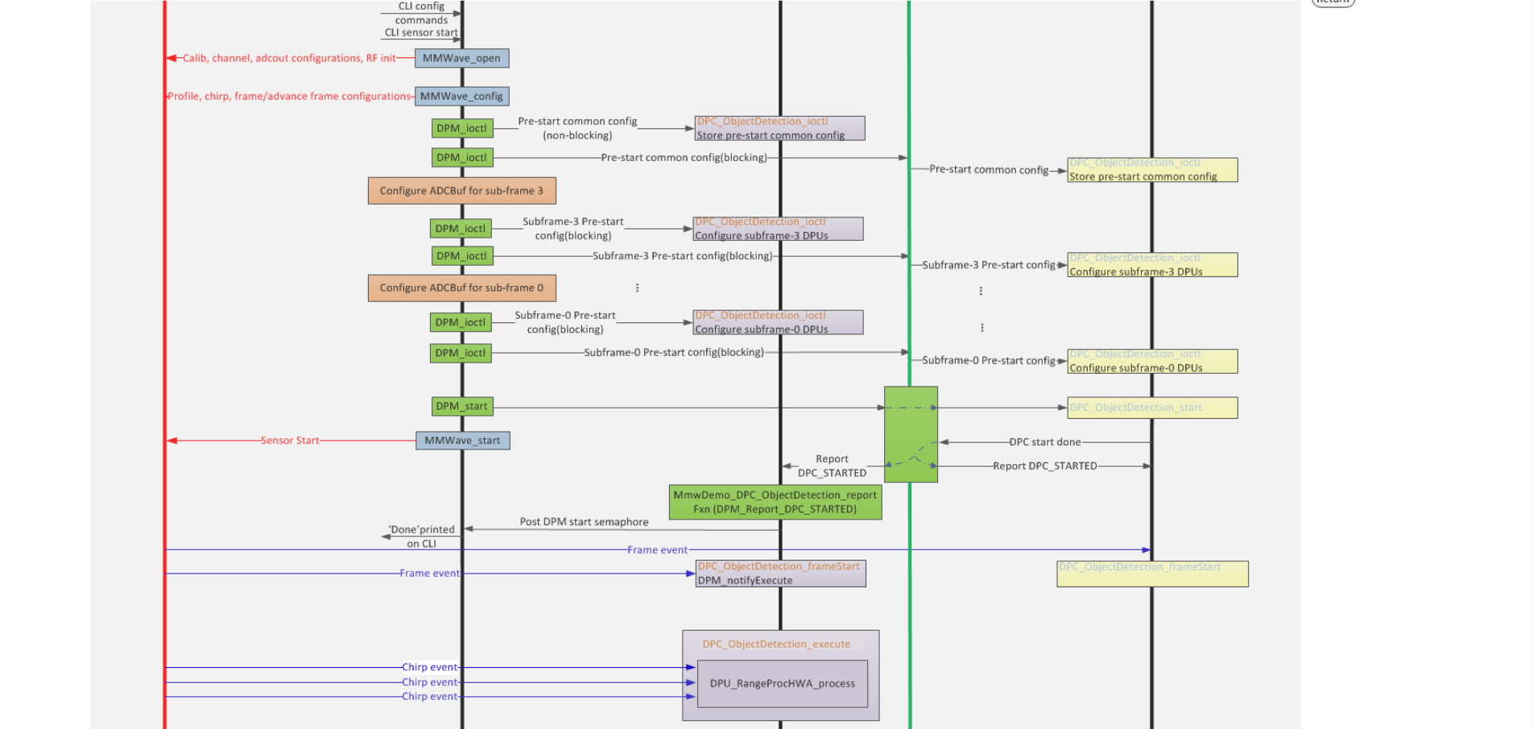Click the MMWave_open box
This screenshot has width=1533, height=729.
pyautogui.click(x=461, y=58)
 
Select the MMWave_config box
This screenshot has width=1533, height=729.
pyautogui.click(x=461, y=96)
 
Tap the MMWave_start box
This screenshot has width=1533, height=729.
pyautogui.click(x=462, y=441)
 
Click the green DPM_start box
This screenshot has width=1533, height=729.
pyautogui.click(x=461, y=406)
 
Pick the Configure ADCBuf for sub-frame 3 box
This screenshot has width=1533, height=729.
pyautogui.click(x=461, y=191)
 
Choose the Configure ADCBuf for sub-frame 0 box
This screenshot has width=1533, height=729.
pyautogui.click(x=461, y=288)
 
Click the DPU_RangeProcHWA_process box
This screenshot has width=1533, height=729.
pyautogui.click(x=782, y=683)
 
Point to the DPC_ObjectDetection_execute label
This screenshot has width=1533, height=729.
pyautogui.click(x=775, y=644)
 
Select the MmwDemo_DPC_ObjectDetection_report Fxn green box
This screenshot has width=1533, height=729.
pyautogui.click(x=775, y=502)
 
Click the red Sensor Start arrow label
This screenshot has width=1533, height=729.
pyautogui.click(x=290, y=441)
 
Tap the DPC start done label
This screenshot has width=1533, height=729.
pyautogui.click(x=1044, y=442)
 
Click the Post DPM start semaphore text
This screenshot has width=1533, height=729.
pyautogui.click(x=584, y=522)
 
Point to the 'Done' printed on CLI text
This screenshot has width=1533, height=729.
pyautogui.click(x=421, y=536)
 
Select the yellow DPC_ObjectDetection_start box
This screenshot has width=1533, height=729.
pyautogui.click(x=1152, y=408)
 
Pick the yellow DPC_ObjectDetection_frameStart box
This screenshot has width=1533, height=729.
pyautogui.click(x=1152, y=574)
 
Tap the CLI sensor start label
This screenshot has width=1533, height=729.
pyautogui.click(x=420, y=33)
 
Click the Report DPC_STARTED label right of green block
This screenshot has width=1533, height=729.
pyautogui.click(x=1044, y=466)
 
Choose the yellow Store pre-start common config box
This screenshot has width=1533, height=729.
pyautogui.click(x=1152, y=170)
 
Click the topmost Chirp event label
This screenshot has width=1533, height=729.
pyautogui.click(x=429, y=667)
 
